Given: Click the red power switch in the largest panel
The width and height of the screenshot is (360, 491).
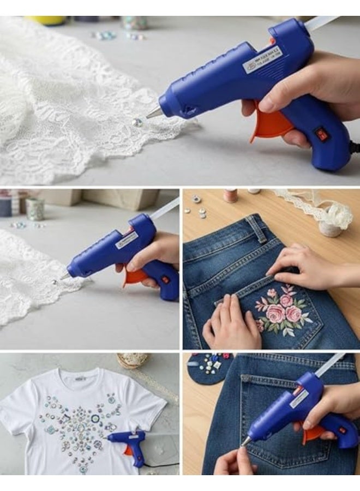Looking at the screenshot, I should click(323, 135).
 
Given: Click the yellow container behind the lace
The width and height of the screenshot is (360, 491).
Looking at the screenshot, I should click(46, 20).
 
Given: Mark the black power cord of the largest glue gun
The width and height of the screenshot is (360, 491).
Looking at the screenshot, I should click(354, 147).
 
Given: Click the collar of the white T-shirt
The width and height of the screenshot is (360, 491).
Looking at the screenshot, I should click(80, 376).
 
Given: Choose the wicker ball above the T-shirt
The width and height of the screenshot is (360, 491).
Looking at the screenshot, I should click(131, 361).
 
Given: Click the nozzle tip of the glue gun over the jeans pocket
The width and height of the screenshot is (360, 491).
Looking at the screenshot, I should click(247, 441).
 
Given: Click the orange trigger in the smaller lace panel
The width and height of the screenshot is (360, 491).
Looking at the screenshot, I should click(134, 277).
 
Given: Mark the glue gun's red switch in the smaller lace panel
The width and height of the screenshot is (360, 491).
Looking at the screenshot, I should click(164, 280).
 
